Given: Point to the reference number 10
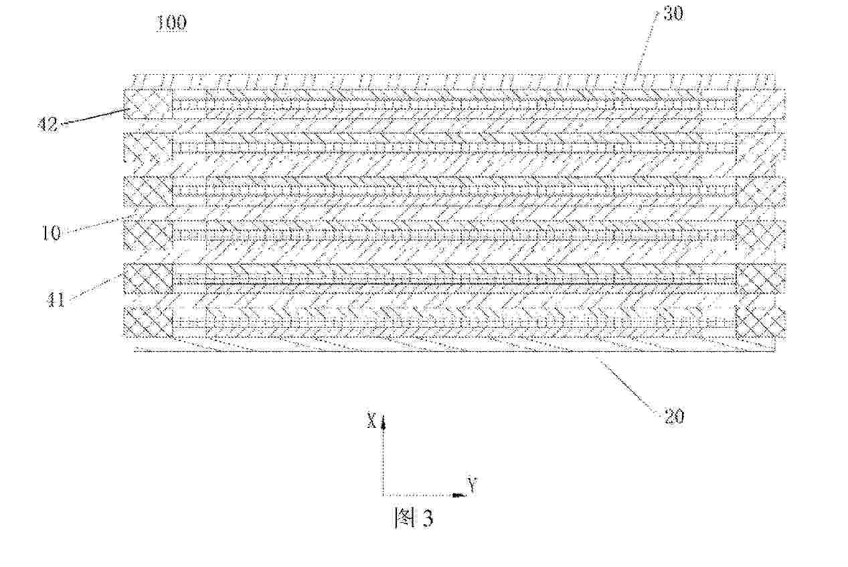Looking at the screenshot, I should (51, 233).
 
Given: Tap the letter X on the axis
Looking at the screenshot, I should (370, 420).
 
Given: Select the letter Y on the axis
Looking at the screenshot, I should (472, 485).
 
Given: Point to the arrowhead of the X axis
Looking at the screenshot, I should (382, 422).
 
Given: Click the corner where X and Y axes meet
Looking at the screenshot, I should (382, 495).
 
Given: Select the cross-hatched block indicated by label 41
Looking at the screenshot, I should (148, 278).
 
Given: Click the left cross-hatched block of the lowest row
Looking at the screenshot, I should (148, 322).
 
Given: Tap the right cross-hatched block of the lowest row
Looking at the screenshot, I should (760, 322).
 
